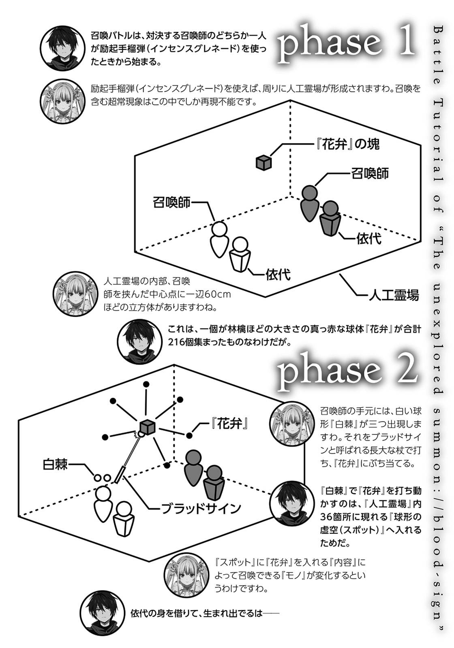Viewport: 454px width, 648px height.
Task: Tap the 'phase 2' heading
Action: (347, 373)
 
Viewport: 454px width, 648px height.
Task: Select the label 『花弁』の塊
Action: (347, 144)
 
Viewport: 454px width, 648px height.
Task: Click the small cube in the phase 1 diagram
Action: (263, 162)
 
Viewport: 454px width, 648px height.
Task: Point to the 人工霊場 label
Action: (394, 296)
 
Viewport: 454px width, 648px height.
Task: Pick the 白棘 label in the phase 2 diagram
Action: (55, 465)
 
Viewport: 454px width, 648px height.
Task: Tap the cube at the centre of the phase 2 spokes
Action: (148, 427)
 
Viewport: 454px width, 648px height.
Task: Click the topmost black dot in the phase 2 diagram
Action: (146, 384)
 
